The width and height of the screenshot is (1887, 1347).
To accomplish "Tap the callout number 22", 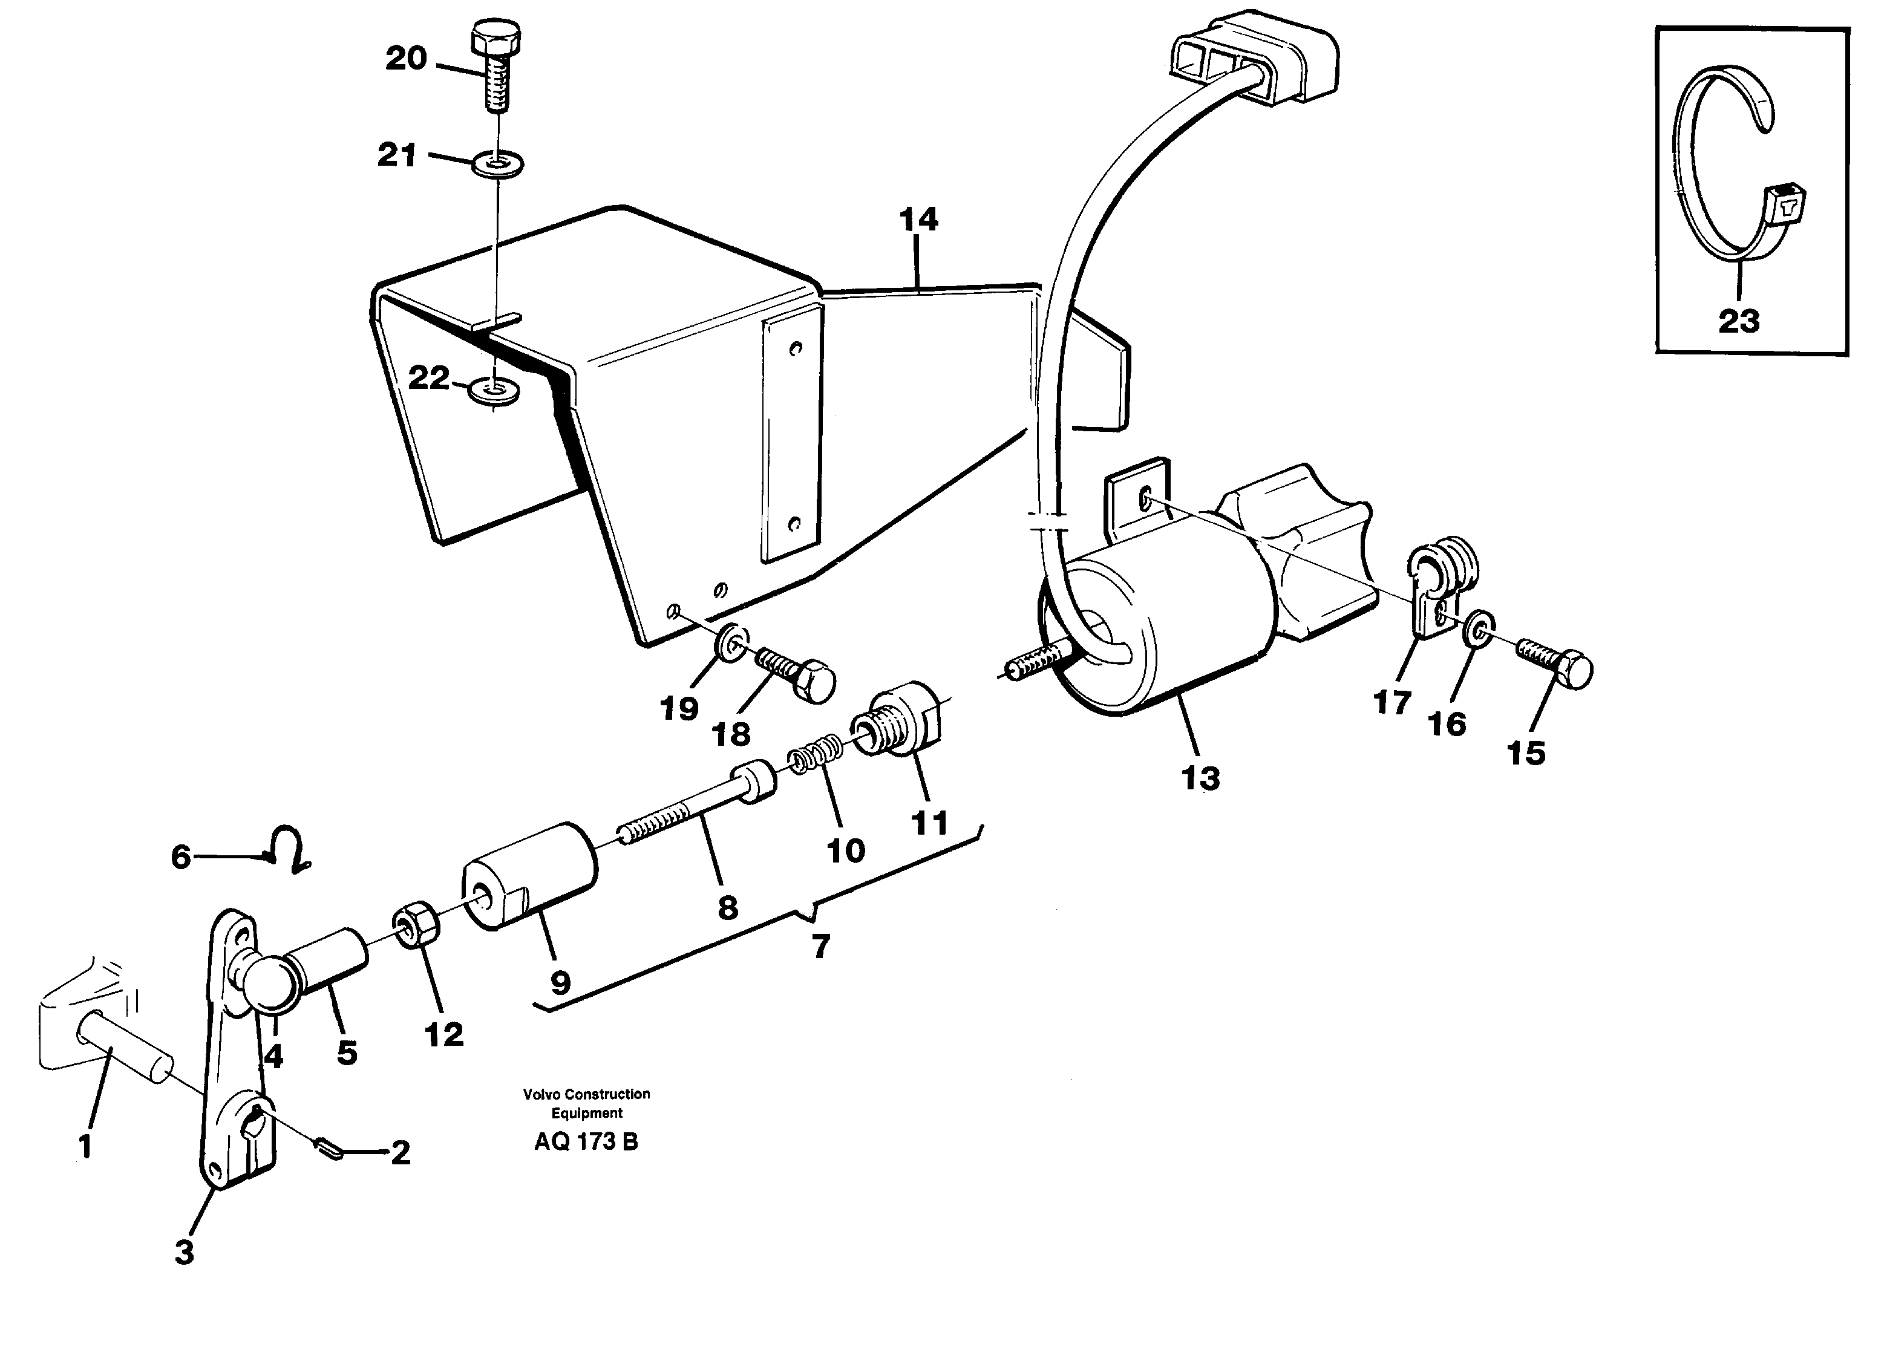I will click(429, 378).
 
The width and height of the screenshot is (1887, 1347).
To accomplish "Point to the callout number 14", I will click(918, 220).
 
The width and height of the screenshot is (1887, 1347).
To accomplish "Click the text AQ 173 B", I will click(586, 1142).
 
